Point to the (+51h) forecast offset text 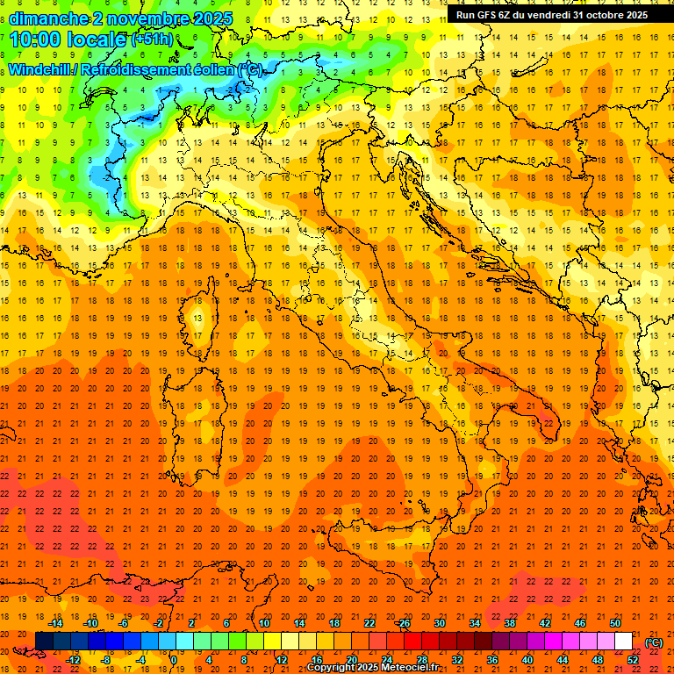(x=152, y=39)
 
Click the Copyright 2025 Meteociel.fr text (x=372, y=667)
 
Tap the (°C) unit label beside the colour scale (x=654, y=642)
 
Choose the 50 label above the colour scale (x=614, y=623)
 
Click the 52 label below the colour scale (x=633, y=660)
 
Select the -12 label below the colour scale (x=73, y=660)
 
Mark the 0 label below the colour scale (x=175, y=660)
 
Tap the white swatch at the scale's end (x=623, y=642)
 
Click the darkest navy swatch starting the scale (x=44, y=642)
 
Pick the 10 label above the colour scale (x=263, y=623)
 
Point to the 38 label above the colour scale (x=509, y=623)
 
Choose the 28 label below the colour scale (x=421, y=660)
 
